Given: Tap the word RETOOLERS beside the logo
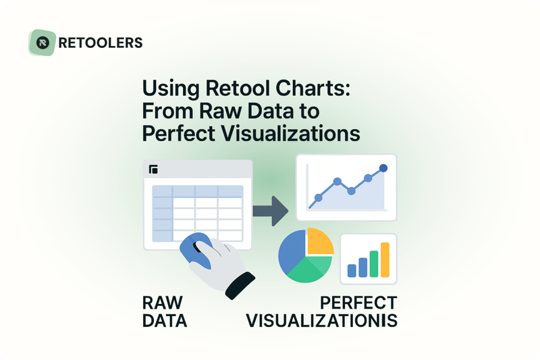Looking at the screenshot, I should [101, 43].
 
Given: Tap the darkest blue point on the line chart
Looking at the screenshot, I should [383, 168].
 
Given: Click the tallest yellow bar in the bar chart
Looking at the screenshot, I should [385, 260].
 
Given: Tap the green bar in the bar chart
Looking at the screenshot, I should [374, 265].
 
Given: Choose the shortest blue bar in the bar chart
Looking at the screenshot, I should [352, 271].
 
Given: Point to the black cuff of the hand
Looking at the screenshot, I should [240, 286].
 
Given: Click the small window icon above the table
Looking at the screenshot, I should [153, 170].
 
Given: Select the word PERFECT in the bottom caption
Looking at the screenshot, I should [358, 302].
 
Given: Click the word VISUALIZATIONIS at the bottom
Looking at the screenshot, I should [321, 320].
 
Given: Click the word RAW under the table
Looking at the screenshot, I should [162, 302].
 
